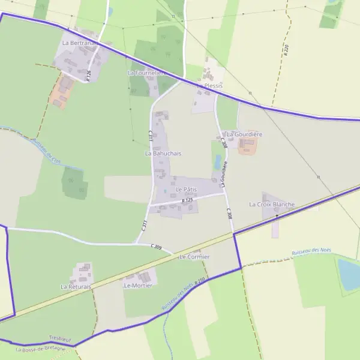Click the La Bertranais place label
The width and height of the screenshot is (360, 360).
point(78,43)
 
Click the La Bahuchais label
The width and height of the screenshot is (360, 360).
point(163,154)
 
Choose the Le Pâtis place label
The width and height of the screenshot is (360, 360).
point(186,190)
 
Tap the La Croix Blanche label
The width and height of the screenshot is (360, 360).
point(272,205)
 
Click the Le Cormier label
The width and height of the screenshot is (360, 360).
point(194,257)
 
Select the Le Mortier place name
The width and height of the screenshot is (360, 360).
point(138,286)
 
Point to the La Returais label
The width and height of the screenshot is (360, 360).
point(76,287)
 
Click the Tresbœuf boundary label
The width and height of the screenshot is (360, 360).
point(60,340)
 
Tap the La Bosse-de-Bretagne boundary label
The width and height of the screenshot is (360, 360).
point(41,349)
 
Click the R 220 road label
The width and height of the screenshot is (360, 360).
point(286,50)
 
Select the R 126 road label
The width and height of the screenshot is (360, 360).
point(88,75)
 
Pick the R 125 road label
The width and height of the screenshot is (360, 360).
point(188,200)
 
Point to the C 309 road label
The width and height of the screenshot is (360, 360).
point(157,247)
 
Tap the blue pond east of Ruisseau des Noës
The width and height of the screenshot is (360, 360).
point(349,274)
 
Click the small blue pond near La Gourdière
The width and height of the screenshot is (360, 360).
point(218,162)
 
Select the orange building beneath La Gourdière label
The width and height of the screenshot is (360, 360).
point(247,146)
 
